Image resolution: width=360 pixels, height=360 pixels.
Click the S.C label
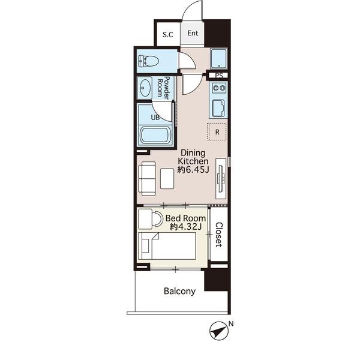click(168, 35)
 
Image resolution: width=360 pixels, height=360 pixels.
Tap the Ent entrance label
click(193, 33)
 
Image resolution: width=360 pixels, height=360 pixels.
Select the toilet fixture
click(149, 62)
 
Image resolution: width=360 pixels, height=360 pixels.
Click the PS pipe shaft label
click(219, 76)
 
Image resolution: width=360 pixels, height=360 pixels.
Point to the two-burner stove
click(218, 88)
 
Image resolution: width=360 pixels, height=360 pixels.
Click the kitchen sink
click(218, 108)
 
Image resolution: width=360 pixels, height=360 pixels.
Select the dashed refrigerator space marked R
click(217, 131)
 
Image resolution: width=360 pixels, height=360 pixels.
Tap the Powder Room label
click(163, 88)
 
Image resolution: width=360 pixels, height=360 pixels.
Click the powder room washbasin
click(145, 88)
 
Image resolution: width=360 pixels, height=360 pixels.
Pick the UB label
click(155, 118)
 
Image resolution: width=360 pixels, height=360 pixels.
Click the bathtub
click(155, 136)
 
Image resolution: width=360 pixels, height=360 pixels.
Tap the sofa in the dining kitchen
click(147, 179)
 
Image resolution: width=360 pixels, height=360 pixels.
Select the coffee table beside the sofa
click(167, 179)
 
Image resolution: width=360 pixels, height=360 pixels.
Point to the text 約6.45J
click(193, 170)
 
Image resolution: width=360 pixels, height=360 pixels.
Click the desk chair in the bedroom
click(157, 219)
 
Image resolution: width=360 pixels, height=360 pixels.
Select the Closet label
click(219, 235)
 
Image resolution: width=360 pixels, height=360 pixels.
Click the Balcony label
click(180, 291)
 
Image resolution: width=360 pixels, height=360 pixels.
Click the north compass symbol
click(218, 331)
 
